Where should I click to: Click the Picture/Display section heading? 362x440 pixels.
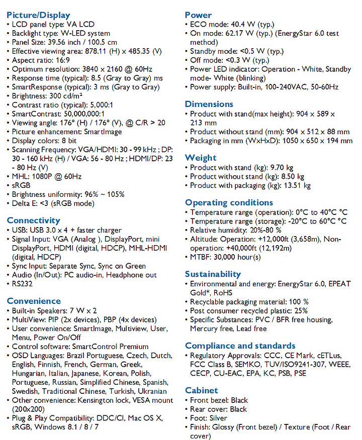[x=39, y=15]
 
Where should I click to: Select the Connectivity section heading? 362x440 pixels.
[x=33, y=221]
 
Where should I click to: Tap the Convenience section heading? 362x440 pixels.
[x=34, y=301]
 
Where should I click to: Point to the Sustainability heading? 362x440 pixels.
[x=213, y=274]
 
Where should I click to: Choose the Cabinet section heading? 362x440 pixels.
[x=201, y=390]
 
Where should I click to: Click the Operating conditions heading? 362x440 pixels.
[x=229, y=202]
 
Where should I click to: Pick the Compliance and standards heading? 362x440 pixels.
[x=240, y=346]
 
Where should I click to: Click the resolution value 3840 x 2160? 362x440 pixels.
[x=98, y=69]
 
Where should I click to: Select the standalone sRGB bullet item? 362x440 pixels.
[x=22, y=185]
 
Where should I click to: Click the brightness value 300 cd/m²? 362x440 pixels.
[x=66, y=96]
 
